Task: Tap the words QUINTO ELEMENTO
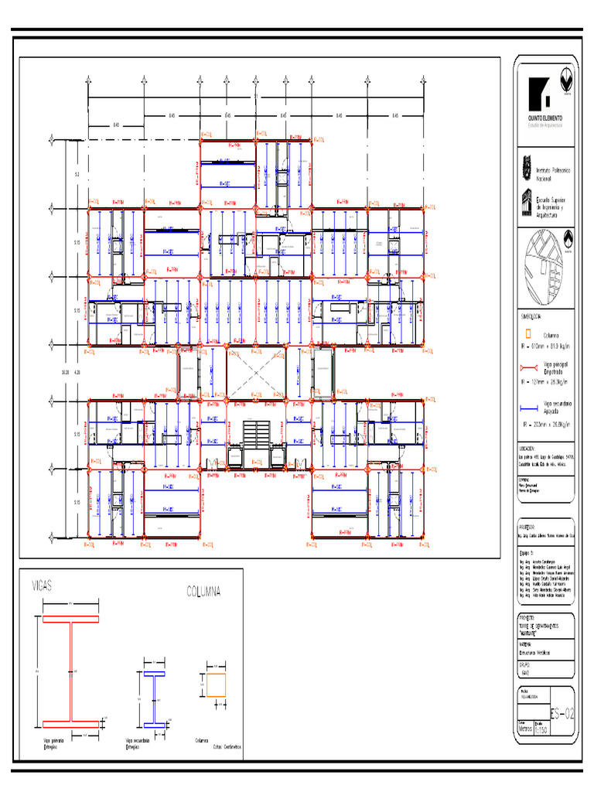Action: (x=544, y=118)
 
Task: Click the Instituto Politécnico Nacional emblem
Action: (x=524, y=166)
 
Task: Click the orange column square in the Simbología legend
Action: (x=527, y=334)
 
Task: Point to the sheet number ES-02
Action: (x=562, y=713)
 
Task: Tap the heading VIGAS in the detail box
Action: (x=42, y=585)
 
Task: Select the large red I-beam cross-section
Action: (x=71, y=671)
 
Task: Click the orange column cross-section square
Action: (x=217, y=684)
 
